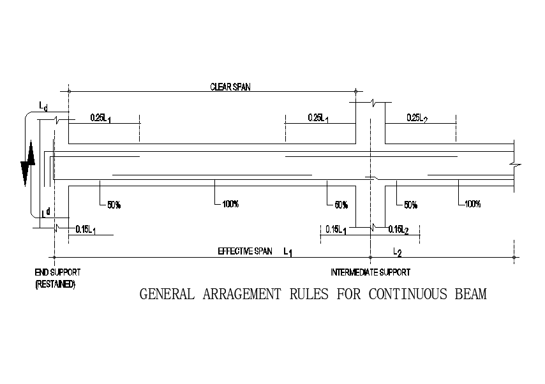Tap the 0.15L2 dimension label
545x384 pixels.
[x=401, y=230]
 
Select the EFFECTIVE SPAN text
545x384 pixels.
[x=245, y=251]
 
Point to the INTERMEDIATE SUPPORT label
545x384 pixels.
[x=370, y=272]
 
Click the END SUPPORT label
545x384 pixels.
[x=57, y=272]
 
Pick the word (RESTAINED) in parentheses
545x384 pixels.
[x=55, y=284]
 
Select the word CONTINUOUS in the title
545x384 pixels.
[x=407, y=295]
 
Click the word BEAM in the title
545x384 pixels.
[x=469, y=295]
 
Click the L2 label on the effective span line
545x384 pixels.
[x=397, y=253]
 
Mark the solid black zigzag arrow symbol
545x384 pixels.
[x=27, y=164]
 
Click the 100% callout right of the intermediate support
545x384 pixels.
[x=473, y=204]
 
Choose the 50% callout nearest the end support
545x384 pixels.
[x=114, y=205]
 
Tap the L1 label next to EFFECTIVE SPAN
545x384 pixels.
[x=288, y=253]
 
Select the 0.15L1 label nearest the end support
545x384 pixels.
[x=86, y=230]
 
